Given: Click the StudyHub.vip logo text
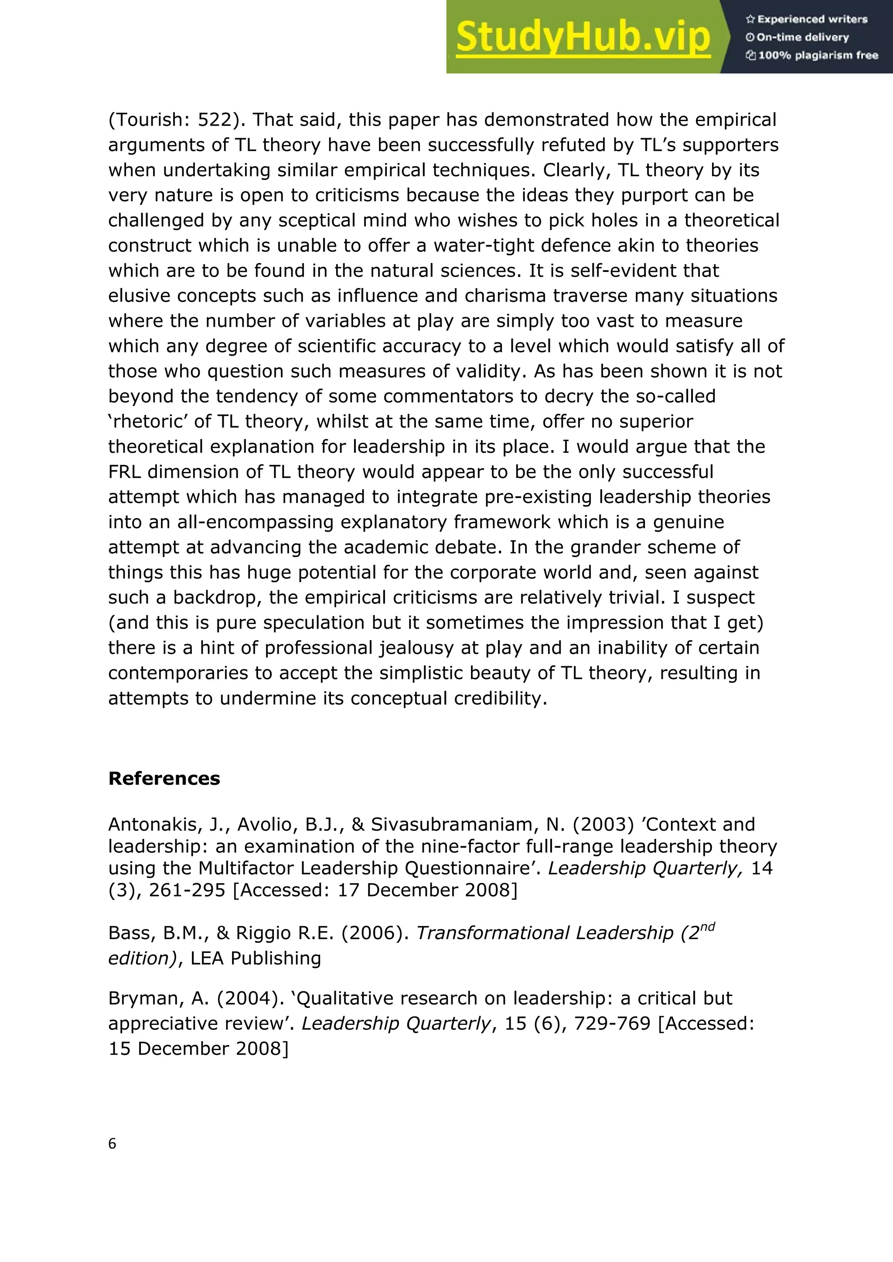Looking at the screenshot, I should click(x=583, y=37).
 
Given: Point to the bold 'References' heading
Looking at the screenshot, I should click(x=164, y=778).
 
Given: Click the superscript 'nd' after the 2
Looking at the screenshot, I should click(x=707, y=927).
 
